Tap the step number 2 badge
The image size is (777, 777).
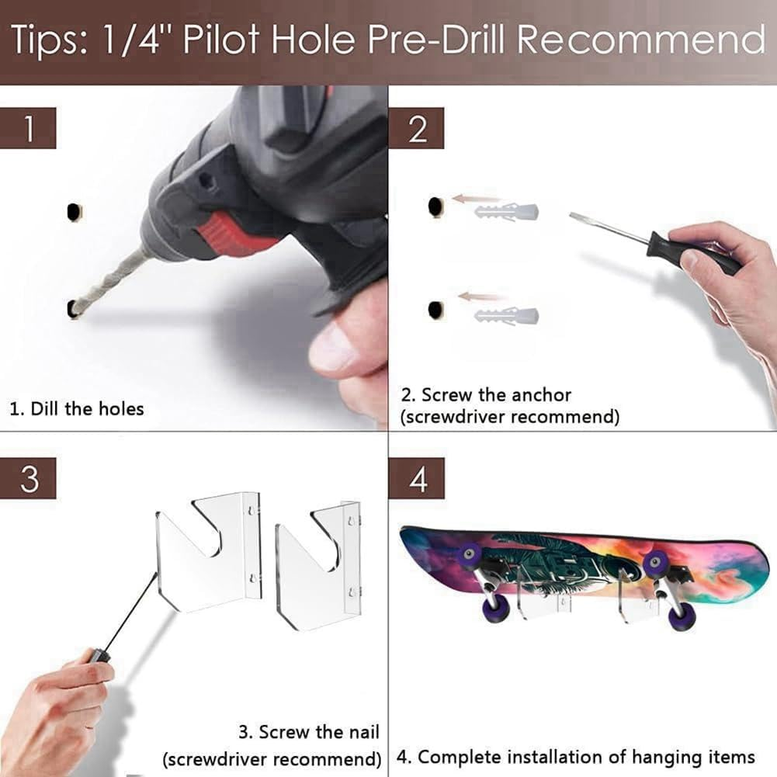(x=417, y=128)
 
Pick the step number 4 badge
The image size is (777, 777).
(x=417, y=478)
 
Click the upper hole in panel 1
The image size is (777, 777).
(x=74, y=211)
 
